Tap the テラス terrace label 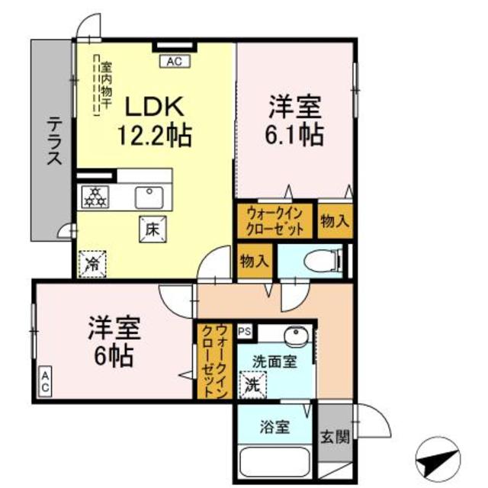coord(54,140)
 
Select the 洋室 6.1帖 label coord(294,120)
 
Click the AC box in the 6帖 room coord(45,382)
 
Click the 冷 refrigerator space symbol coord(91,264)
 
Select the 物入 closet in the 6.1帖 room coord(334,222)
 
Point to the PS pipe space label coord(244,331)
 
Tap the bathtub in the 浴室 coord(274,462)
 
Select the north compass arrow coord(440,461)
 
